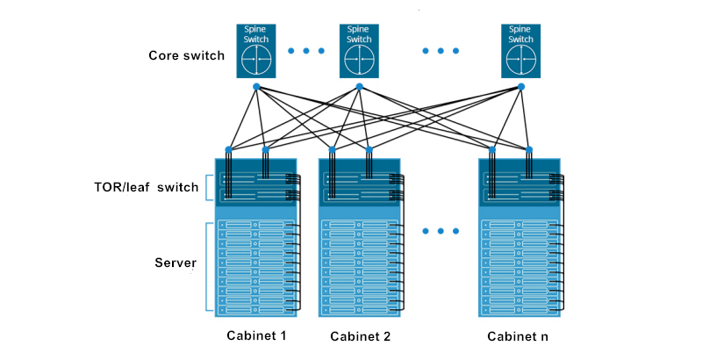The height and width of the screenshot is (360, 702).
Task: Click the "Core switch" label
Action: (x=186, y=55)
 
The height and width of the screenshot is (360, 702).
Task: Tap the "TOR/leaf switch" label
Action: (x=147, y=187)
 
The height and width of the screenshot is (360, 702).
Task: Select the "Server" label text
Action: (x=175, y=263)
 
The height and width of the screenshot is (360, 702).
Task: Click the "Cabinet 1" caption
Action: (x=256, y=335)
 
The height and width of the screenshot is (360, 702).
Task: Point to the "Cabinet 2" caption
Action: (x=361, y=336)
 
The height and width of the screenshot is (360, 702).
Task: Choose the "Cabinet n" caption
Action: (x=518, y=336)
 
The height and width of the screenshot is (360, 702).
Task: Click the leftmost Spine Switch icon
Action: (x=256, y=51)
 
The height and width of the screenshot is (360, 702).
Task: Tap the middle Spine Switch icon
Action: (x=359, y=51)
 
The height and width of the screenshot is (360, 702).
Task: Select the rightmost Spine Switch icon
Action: (x=520, y=51)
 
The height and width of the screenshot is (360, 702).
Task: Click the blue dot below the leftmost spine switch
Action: (x=256, y=87)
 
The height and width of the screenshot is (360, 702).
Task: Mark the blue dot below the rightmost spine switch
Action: (x=520, y=87)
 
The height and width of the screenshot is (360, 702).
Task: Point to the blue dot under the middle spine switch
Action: (x=359, y=87)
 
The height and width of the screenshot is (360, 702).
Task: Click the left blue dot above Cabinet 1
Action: (x=229, y=149)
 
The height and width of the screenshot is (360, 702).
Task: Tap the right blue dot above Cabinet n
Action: (x=529, y=149)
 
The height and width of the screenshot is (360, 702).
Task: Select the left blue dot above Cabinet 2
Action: (x=333, y=149)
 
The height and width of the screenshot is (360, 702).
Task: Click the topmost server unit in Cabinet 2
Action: (x=360, y=224)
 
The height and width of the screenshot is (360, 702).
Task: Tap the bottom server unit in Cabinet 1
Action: (x=255, y=310)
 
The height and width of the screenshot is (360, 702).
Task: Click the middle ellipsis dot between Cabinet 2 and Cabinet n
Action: (x=441, y=231)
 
